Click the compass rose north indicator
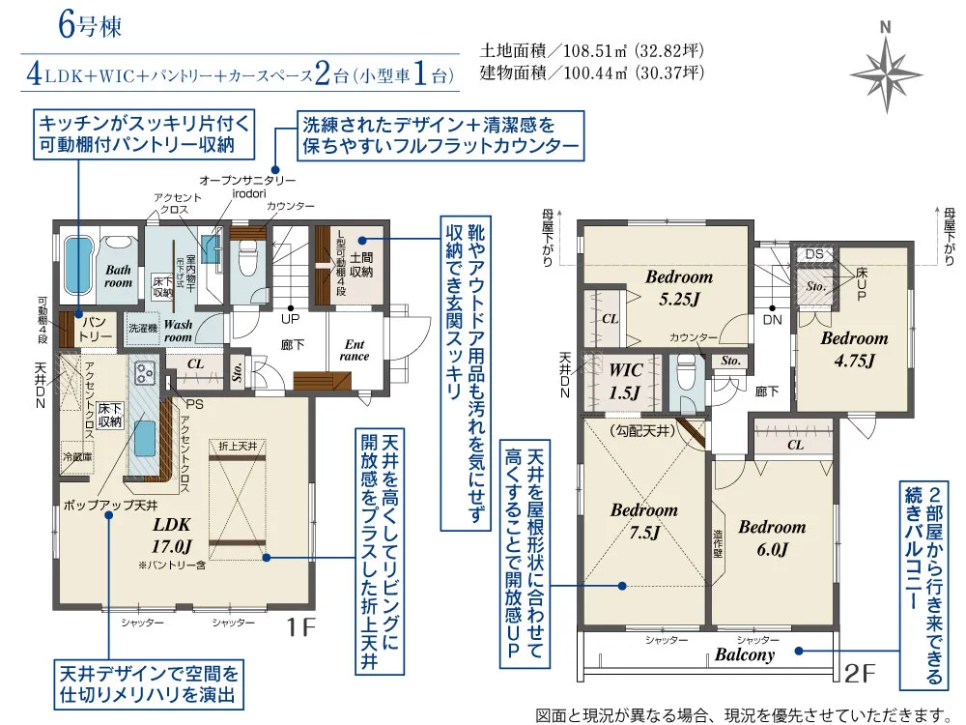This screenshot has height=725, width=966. [x=885, y=71]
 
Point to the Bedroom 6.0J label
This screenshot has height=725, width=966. [x=771, y=537]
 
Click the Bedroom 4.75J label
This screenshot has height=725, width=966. [x=854, y=349]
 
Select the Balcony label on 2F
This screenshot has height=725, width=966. [x=744, y=654]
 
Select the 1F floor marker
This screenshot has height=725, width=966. [x=300, y=627]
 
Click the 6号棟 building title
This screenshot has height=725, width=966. [x=89, y=26]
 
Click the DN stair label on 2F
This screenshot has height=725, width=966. [x=772, y=318]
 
